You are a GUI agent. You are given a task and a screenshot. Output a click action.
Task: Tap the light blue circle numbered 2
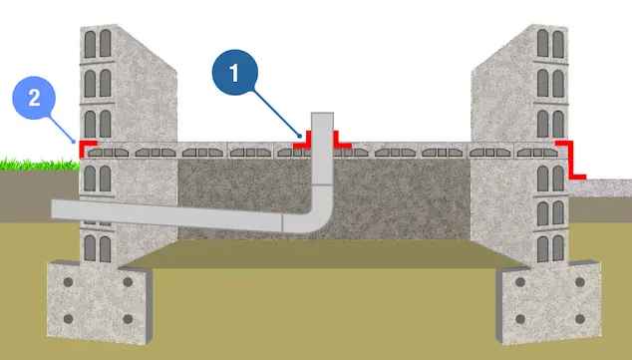(34, 99)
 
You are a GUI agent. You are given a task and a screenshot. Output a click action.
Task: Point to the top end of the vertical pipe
(322, 116)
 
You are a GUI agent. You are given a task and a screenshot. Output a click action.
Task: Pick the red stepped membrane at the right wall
(574, 160)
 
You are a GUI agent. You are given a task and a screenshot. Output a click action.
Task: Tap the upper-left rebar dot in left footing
(71, 283)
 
